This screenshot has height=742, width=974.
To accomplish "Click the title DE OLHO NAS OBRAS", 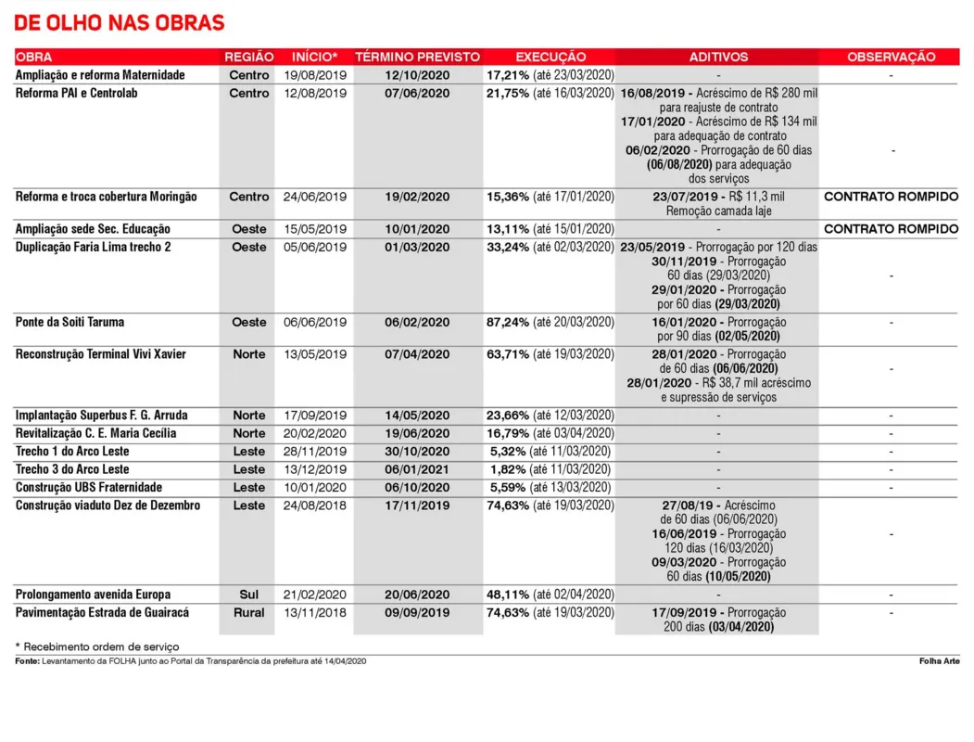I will [120, 22].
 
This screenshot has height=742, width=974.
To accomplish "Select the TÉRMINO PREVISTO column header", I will [417, 57].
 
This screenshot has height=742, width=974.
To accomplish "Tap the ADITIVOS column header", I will [718, 57].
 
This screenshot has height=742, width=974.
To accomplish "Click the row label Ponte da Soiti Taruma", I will [70, 322].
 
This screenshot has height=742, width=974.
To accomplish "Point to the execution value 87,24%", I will [508, 322].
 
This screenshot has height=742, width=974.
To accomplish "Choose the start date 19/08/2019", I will [315, 75].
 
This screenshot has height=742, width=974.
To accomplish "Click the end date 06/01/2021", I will [417, 469].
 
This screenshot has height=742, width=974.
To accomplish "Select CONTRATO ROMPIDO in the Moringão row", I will [891, 197].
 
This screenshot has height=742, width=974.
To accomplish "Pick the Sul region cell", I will [248, 595].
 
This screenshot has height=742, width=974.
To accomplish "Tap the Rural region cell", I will [248, 612].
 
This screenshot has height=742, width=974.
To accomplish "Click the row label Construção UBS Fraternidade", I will [89, 487].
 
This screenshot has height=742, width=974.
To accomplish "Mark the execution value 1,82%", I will [509, 469].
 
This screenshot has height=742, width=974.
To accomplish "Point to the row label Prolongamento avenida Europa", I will [93, 595].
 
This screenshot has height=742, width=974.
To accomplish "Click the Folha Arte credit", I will [939, 661].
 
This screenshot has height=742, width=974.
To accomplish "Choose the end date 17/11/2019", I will [417, 505].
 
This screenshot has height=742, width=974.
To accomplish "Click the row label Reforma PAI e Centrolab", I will [77, 93].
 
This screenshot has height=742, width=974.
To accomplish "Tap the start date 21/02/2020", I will [315, 595].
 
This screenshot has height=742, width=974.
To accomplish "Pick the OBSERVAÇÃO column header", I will [891, 57].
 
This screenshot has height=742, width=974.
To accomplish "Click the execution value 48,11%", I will [508, 595].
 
